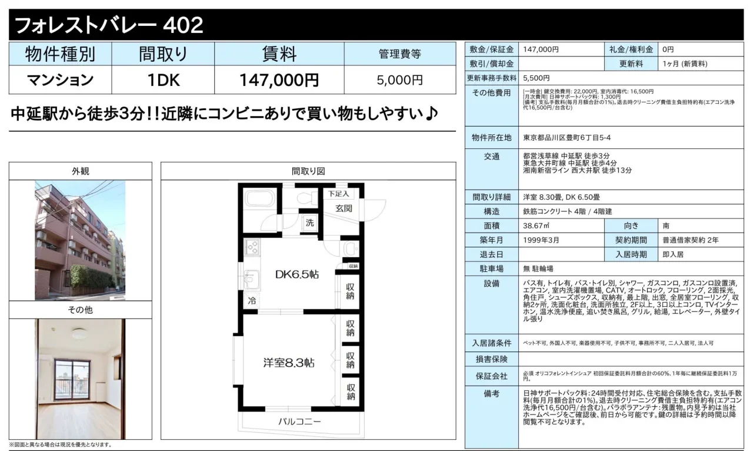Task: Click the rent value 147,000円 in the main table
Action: [x=279, y=80]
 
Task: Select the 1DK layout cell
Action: [x=164, y=80]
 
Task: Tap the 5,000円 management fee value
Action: [x=399, y=80]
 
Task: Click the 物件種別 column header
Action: [x=60, y=54]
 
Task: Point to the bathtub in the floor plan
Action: [x=260, y=199]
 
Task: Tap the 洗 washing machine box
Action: [x=309, y=223]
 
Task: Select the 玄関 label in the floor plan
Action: [x=344, y=208]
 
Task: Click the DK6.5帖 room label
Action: [x=297, y=274]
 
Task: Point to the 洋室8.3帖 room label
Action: [x=289, y=363]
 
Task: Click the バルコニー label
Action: [x=299, y=422]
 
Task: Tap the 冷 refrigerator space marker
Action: [x=252, y=301]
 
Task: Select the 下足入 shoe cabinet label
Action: [x=338, y=194]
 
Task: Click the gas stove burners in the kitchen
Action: [x=252, y=247]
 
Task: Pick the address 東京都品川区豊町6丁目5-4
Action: [x=567, y=138]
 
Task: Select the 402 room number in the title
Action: [x=183, y=25]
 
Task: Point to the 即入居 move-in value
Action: [x=673, y=254]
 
